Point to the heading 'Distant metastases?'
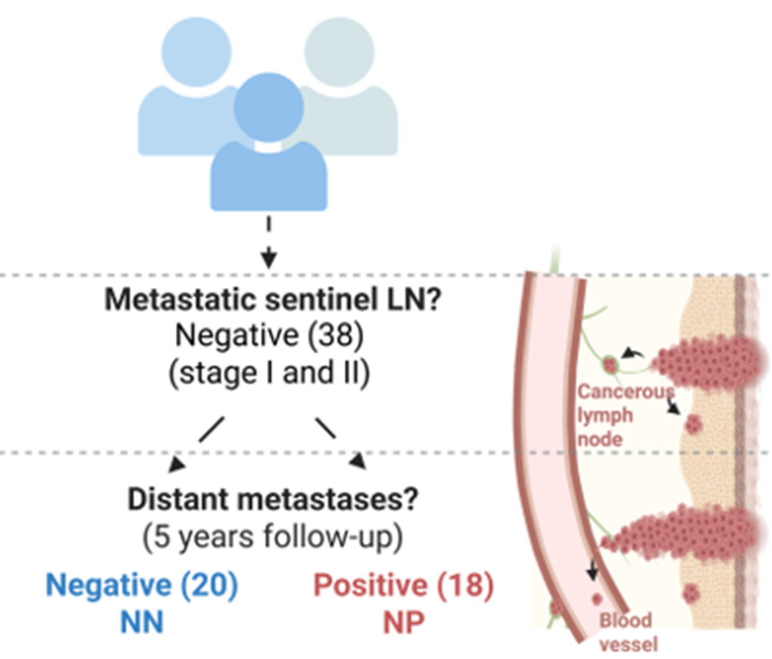pos(269,500)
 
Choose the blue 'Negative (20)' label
pos(141,586)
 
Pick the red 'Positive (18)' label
pos(403,586)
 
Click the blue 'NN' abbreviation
pos(141,622)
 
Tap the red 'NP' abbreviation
pos(403,622)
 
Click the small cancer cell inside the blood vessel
pos(595,599)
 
